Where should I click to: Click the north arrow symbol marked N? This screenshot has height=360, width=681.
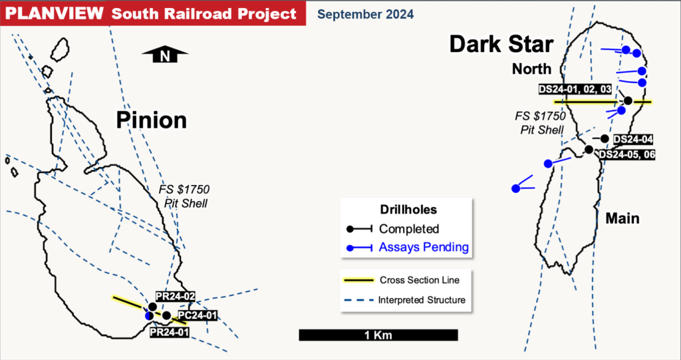165,57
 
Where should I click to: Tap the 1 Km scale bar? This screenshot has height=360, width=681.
378,335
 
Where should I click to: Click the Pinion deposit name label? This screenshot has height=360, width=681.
151,120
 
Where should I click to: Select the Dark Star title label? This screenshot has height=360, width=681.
501,45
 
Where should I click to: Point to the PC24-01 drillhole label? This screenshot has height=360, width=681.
198,315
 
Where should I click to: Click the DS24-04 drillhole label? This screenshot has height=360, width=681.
632,139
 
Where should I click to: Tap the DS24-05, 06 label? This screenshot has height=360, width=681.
628,154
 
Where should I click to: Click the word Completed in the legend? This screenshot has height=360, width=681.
409,229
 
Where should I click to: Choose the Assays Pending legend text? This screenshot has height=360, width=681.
424,248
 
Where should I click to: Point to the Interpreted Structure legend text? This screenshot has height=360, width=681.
422,300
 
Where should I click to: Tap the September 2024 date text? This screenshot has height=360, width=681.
364,13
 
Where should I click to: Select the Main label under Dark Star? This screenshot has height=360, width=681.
622,218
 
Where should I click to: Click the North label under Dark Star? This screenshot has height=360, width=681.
531,69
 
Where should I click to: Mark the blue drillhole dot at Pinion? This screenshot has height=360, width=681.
149,316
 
